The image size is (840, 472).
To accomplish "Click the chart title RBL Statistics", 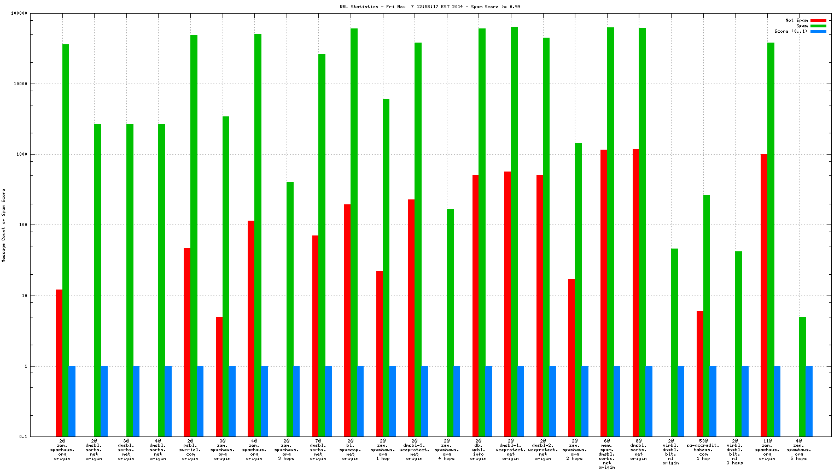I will point(429,7).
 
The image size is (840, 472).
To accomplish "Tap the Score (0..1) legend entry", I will point(790,31).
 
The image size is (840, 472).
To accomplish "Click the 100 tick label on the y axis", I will point(23,225).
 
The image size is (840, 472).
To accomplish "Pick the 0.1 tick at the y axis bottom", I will point(24,436).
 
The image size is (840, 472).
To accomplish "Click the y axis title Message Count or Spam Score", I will point(3,226).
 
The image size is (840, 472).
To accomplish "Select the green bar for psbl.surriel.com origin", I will point(194,235).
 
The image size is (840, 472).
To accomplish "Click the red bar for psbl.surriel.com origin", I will point(187,342).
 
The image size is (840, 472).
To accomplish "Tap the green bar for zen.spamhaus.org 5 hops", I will point(802,376).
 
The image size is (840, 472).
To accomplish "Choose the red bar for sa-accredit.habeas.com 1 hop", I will point(700,374).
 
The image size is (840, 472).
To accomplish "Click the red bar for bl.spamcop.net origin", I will point(347,320).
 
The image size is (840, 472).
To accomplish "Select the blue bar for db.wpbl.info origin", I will point(488,401).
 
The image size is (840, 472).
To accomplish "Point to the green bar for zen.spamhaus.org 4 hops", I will point(450,322).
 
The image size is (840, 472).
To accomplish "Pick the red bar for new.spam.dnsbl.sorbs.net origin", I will point(604,293).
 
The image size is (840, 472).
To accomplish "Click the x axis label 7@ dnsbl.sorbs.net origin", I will point(318,449).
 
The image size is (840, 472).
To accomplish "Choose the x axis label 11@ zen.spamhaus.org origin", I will point(767,449).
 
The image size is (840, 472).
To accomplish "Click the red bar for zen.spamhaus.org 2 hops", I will point(571,358).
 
